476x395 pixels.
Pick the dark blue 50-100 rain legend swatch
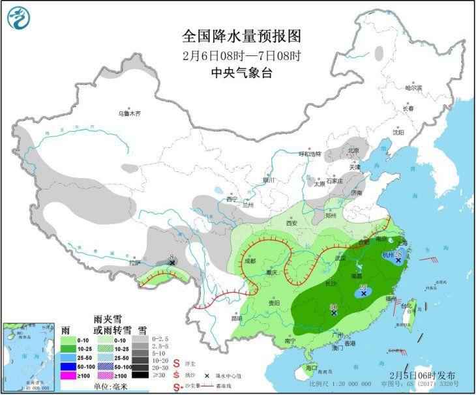pyautogui.click(x=67, y=366)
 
